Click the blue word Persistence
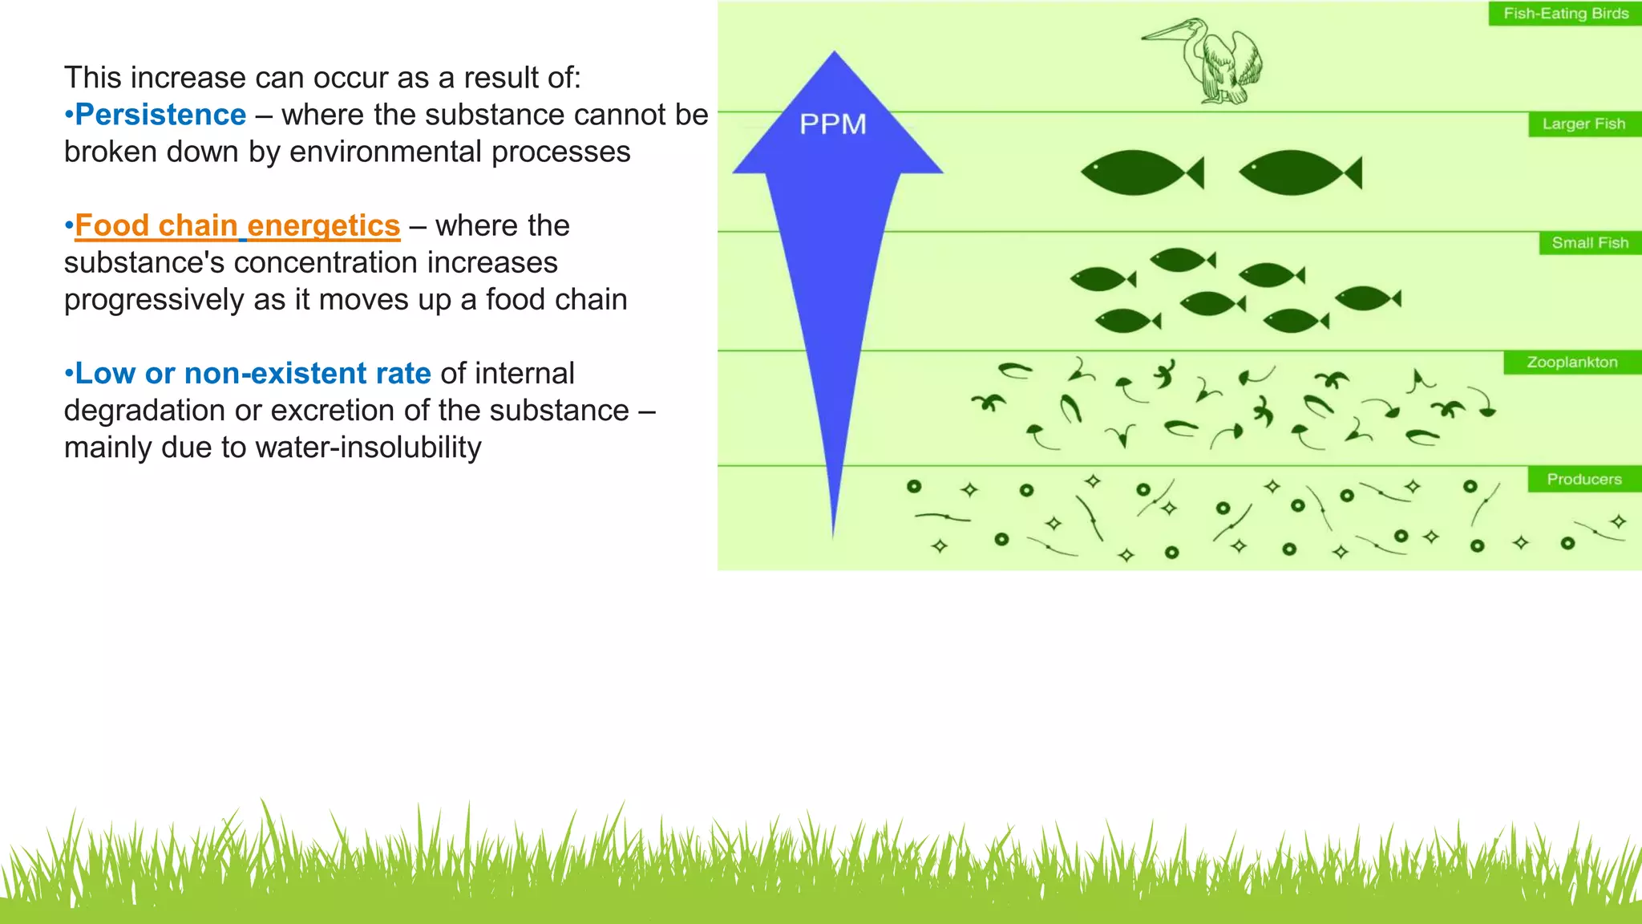point(160,115)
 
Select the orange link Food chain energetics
point(237,226)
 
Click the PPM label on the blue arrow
point(833,124)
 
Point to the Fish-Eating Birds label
point(1566,14)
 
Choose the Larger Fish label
point(1583,124)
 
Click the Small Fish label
point(1590,243)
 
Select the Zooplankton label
point(1572,363)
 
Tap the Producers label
point(1583,480)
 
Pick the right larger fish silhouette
point(1299,172)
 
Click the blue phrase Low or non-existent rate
point(253,374)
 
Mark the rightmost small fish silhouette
point(1367,298)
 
